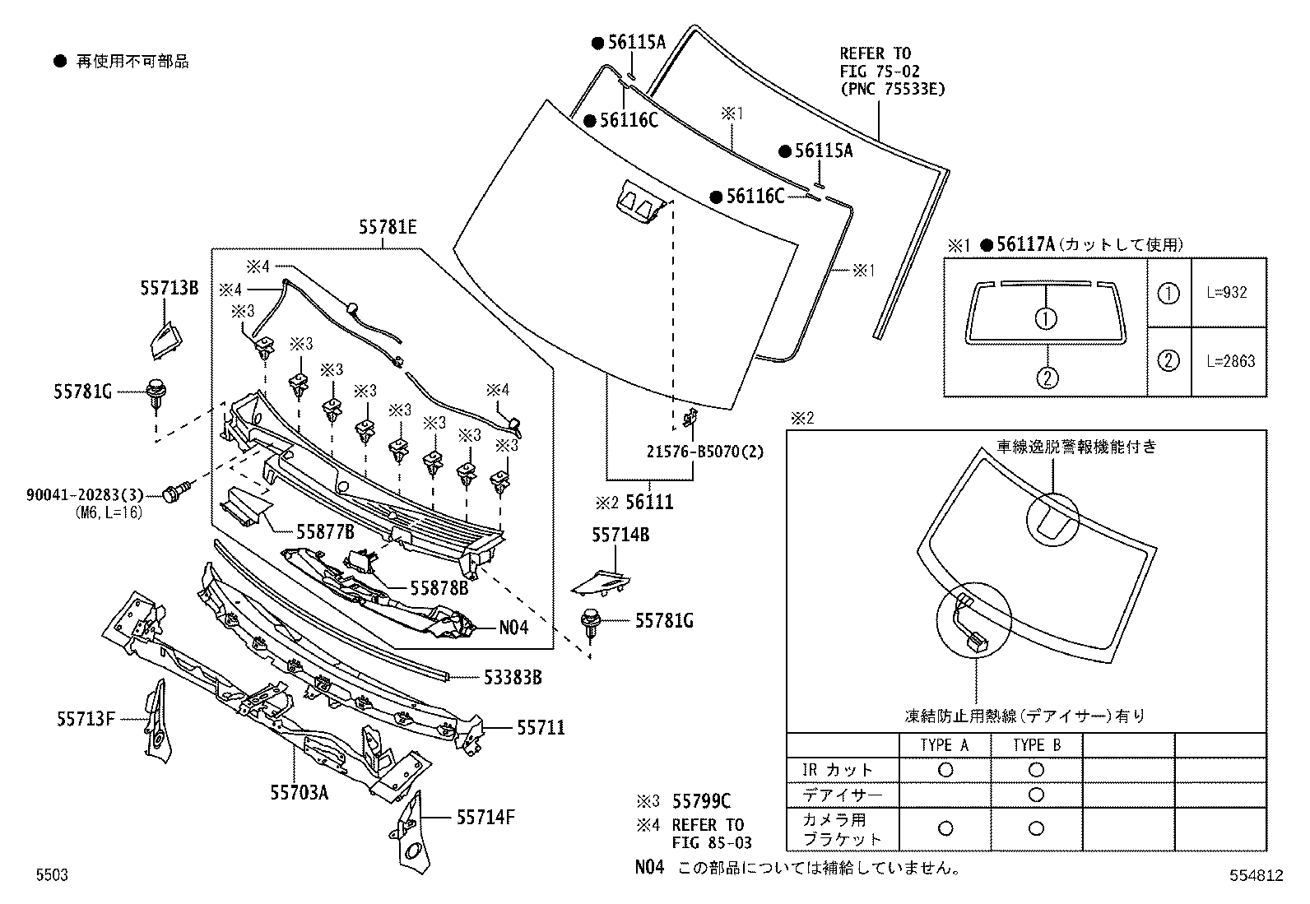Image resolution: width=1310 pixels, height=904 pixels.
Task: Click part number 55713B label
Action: (169, 288)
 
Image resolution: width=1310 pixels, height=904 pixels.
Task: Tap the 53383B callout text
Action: (513, 677)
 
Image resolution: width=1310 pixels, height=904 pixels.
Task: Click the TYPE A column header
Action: (945, 745)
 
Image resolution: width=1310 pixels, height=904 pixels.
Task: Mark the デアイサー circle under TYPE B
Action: (1036, 795)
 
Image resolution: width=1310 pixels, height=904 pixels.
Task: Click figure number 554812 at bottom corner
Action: (1257, 875)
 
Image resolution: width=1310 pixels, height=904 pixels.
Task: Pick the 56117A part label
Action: (1025, 244)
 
